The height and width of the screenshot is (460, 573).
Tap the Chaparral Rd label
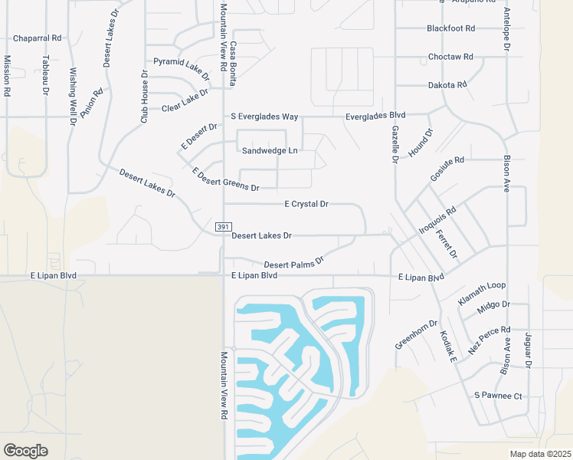point(37,38)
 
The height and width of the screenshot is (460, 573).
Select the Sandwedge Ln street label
point(269,151)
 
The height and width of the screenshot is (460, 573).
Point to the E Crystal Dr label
point(306,205)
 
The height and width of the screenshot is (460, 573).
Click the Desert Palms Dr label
point(294,262)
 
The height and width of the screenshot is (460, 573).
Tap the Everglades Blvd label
point(375,116)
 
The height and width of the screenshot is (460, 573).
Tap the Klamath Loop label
point(482,294)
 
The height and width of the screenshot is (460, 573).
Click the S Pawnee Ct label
point(497,396)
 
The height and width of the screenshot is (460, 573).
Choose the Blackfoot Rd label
point(451,28)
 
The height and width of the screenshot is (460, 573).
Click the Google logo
point(25,450)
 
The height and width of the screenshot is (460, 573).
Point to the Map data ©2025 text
point(540,454)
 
